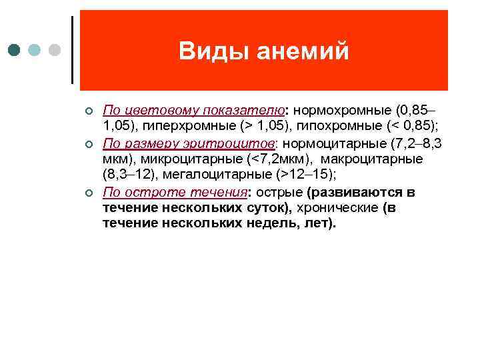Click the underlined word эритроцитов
[231, 143]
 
